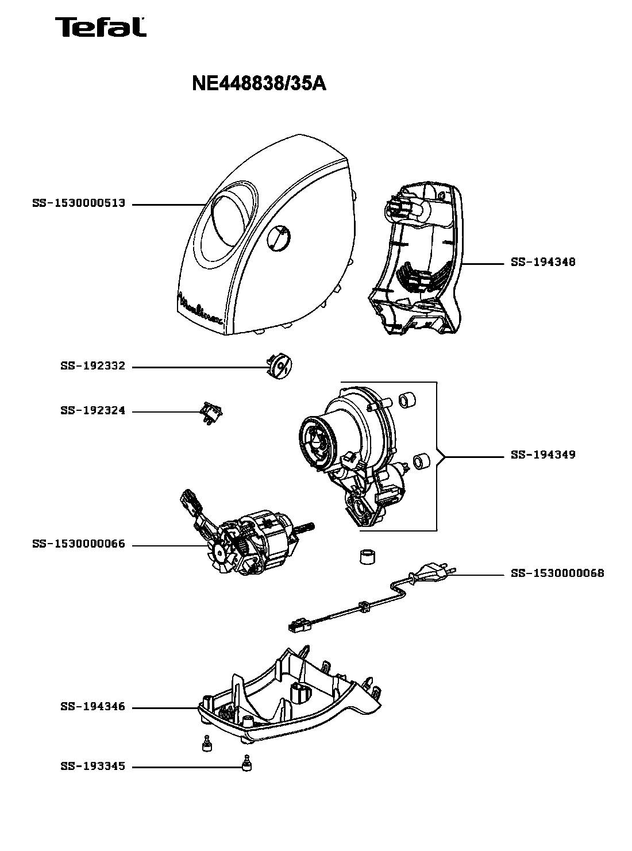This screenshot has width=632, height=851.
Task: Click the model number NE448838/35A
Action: [259, 84]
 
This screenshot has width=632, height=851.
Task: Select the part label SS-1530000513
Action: [79, 203]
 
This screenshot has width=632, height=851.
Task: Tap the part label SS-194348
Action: [543, 262]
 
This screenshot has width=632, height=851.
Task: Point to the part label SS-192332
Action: [93, 366]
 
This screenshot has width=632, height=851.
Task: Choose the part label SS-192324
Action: [93, 411]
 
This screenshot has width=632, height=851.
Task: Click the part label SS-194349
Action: [543, 455]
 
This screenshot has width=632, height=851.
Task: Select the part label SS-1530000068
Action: [557, 573]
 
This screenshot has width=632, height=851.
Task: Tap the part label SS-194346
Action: [93, 707]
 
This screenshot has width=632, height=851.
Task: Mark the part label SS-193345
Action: [93, 767]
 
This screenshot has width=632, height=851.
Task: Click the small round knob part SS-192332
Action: [280, 367]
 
